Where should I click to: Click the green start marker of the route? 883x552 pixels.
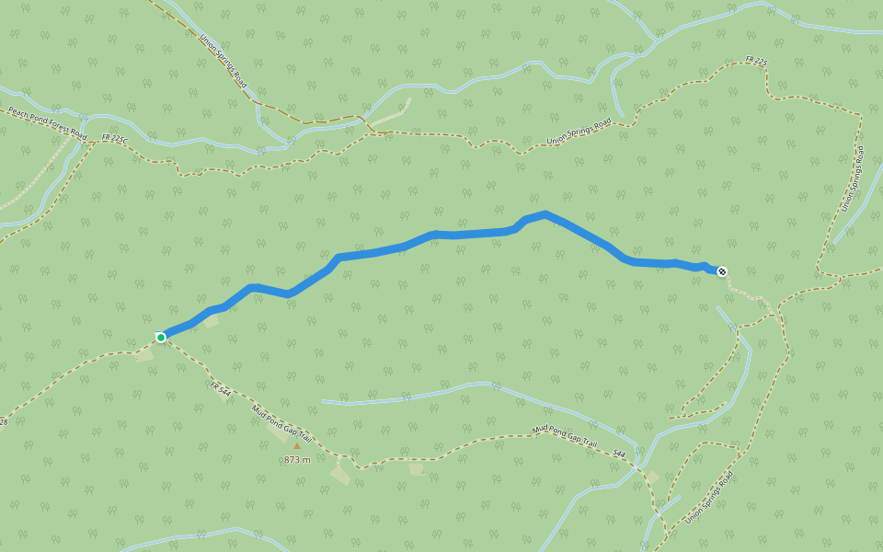point(161,338)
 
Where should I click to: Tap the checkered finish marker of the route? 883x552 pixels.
point(722,270)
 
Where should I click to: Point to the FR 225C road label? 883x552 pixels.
point(115,139)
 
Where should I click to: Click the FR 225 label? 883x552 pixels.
point(756,62)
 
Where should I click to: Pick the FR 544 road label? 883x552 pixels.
point(220,390)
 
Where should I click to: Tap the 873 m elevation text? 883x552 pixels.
point(297,459)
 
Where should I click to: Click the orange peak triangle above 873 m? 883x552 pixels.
point(296,446)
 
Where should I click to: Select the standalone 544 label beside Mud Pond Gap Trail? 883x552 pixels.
point(619,454)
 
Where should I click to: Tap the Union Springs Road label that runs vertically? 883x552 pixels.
point(853,178)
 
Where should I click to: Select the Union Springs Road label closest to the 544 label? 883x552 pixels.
point(709,497)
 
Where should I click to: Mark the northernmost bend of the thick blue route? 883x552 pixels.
point(545,214)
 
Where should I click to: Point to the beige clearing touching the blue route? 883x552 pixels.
point(211,321)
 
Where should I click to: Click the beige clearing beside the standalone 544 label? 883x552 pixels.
point(651,477)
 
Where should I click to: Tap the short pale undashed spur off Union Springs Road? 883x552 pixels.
point(391,115)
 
